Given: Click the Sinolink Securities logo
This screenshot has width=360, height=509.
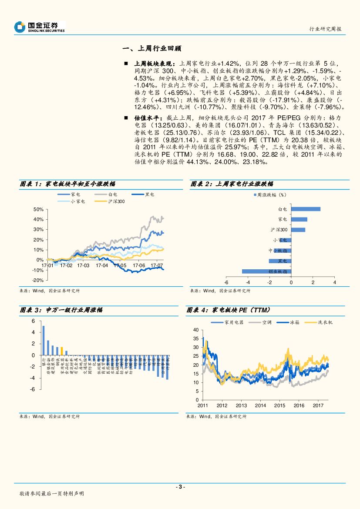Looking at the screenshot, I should click(x=39, y=27).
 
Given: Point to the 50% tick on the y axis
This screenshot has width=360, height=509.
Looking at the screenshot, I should click(x=38, y=209).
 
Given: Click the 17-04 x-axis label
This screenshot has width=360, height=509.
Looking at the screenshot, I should click(x=102, y=265).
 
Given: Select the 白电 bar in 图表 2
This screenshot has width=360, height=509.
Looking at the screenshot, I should click(x=306, y=209).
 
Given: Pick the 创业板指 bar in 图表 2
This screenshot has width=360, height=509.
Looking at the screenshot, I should click(x=266, y=271).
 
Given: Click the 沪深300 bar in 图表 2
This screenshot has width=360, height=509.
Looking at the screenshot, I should click(x=298, y=230).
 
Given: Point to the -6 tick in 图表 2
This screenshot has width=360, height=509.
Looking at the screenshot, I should click(x=226, y=282).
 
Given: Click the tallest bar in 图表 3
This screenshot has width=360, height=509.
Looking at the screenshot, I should click(x=43, y=341).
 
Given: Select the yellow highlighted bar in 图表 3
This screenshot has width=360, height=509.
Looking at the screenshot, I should click(x=62, y=351).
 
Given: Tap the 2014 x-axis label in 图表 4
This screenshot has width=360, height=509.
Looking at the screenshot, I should click(x=260, y=405).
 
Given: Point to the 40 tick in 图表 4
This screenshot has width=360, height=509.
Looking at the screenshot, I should click(x=195, y=330).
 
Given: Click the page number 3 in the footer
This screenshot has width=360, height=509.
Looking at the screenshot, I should click(x=180, y=486).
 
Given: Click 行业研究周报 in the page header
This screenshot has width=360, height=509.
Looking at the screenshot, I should click(x=325, y=29).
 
